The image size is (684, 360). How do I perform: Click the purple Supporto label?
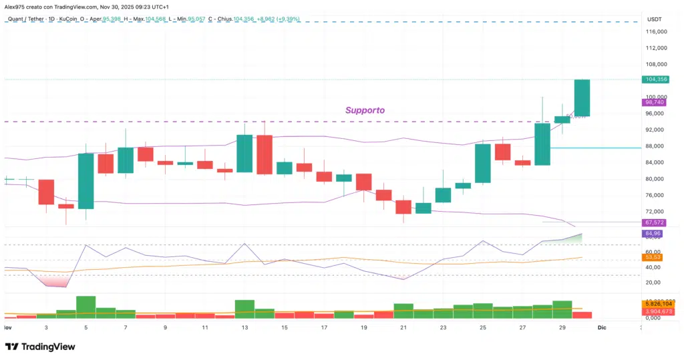(365, 110)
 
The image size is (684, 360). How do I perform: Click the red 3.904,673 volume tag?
(657, 311)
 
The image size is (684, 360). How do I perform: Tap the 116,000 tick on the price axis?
(657, 32)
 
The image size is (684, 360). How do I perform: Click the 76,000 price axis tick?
(657, 195)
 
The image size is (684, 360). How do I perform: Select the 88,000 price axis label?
(657, 146)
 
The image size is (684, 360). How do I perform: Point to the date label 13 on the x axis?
(244, 328)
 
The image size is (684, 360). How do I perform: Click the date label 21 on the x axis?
(403, 328)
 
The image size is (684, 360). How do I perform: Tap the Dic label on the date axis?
(601, 328)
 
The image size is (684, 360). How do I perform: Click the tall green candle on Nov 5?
(85, 181)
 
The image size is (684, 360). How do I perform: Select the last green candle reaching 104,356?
(582, 98)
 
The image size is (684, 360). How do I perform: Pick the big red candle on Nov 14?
(265, 154)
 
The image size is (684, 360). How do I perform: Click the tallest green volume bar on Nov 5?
(85, 307)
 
